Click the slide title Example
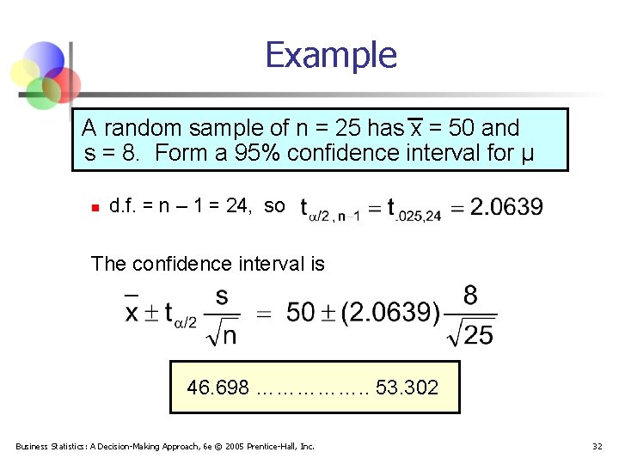331,55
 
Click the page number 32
598,446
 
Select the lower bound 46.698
218,388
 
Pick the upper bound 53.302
407,388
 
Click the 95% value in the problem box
258,153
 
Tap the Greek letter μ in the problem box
527,155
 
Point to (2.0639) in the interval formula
391,313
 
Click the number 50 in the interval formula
301,313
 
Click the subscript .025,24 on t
420,216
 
